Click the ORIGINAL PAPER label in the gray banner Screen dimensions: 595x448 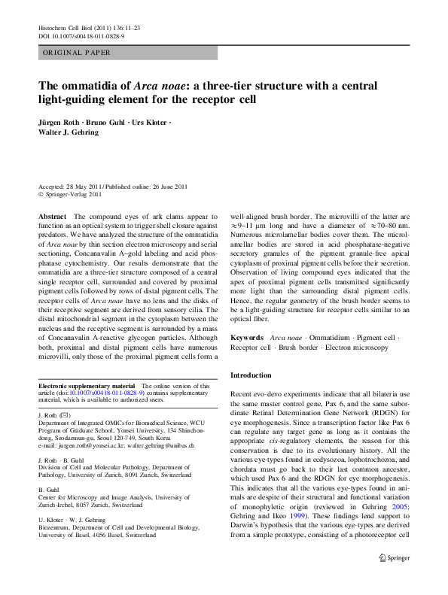pos(76,53)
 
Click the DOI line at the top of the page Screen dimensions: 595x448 pos(81,35)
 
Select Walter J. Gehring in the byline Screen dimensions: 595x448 pos(72,133)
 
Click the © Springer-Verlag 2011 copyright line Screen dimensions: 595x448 pos(74,194)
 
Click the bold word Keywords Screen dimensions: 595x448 pos(247,338)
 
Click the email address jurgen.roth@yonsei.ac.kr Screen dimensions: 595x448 pos(97,446)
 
